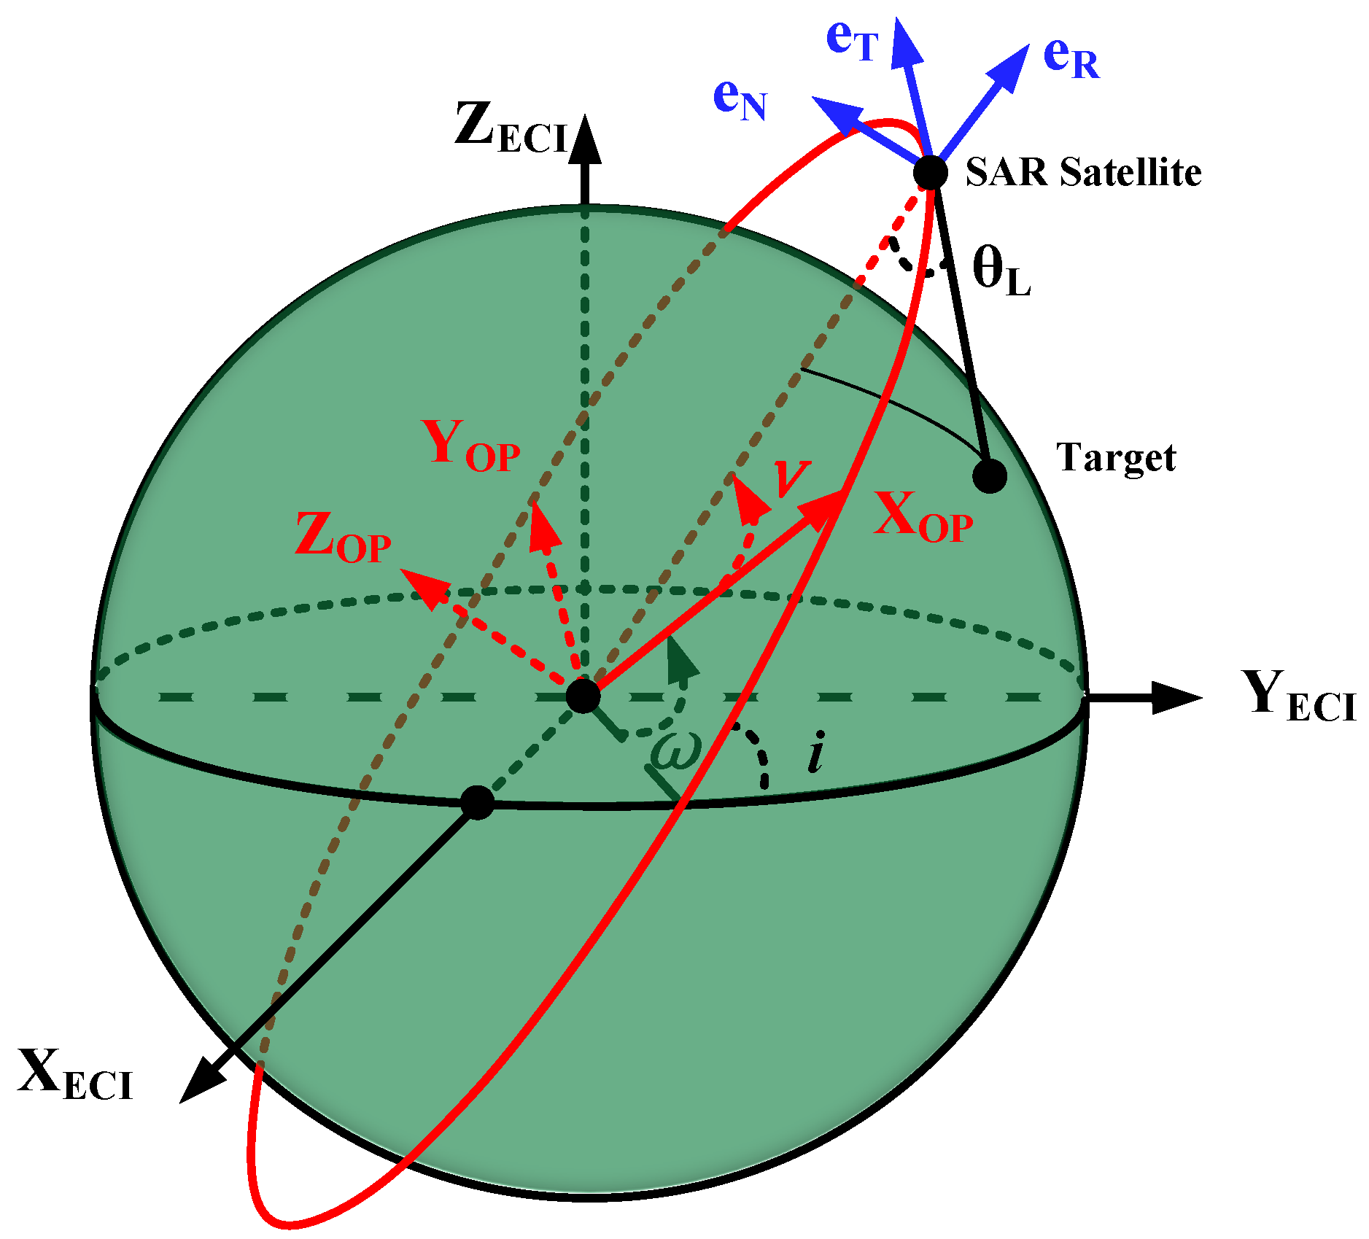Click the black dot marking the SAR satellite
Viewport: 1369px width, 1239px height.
(x=931, y=173)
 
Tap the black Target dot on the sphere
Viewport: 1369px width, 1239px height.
(x=990, y=476)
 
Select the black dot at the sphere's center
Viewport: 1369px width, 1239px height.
(x=583, y=696)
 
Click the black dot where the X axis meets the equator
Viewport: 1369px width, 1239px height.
(x=478, y=803)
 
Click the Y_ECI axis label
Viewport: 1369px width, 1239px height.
(x=1298, y=696)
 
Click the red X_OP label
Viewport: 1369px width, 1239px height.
(x=923, y=517)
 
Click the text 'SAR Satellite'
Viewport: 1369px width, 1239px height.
(x=1083, y=173)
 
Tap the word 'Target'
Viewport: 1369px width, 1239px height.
(x=1116, y=458)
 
